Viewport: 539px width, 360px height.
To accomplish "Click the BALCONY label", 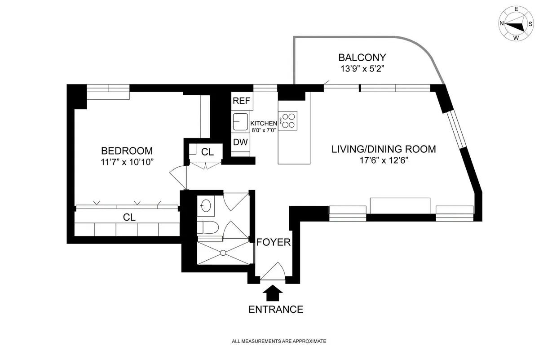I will point(362,58).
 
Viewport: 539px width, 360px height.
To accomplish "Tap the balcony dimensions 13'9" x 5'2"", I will point(362,69).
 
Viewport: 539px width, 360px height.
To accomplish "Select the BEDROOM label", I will point(127,151).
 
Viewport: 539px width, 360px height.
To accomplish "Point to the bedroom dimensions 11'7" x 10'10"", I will point(127,162).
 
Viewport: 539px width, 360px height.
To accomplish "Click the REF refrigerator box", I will point(241,101).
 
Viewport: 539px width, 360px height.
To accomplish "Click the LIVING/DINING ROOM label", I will point(384,149).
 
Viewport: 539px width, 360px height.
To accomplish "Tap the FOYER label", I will point(274,242).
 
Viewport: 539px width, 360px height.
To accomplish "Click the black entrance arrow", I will point(273,294).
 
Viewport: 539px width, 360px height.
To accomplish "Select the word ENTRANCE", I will point(276,309).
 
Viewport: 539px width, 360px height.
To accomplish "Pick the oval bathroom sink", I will point(206,205).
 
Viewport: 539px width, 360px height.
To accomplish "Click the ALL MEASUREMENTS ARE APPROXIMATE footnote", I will point(278,342).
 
